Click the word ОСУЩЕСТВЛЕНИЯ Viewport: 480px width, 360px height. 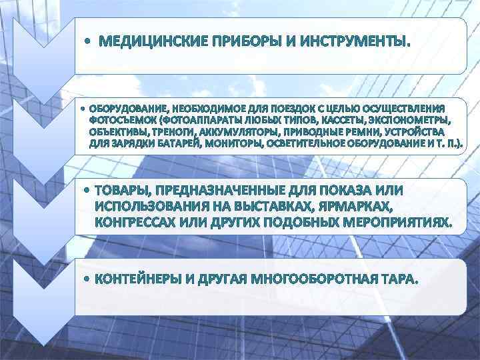[407, 108]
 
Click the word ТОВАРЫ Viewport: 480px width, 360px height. [124, 190]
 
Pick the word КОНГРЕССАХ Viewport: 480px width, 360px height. [136, 221]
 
